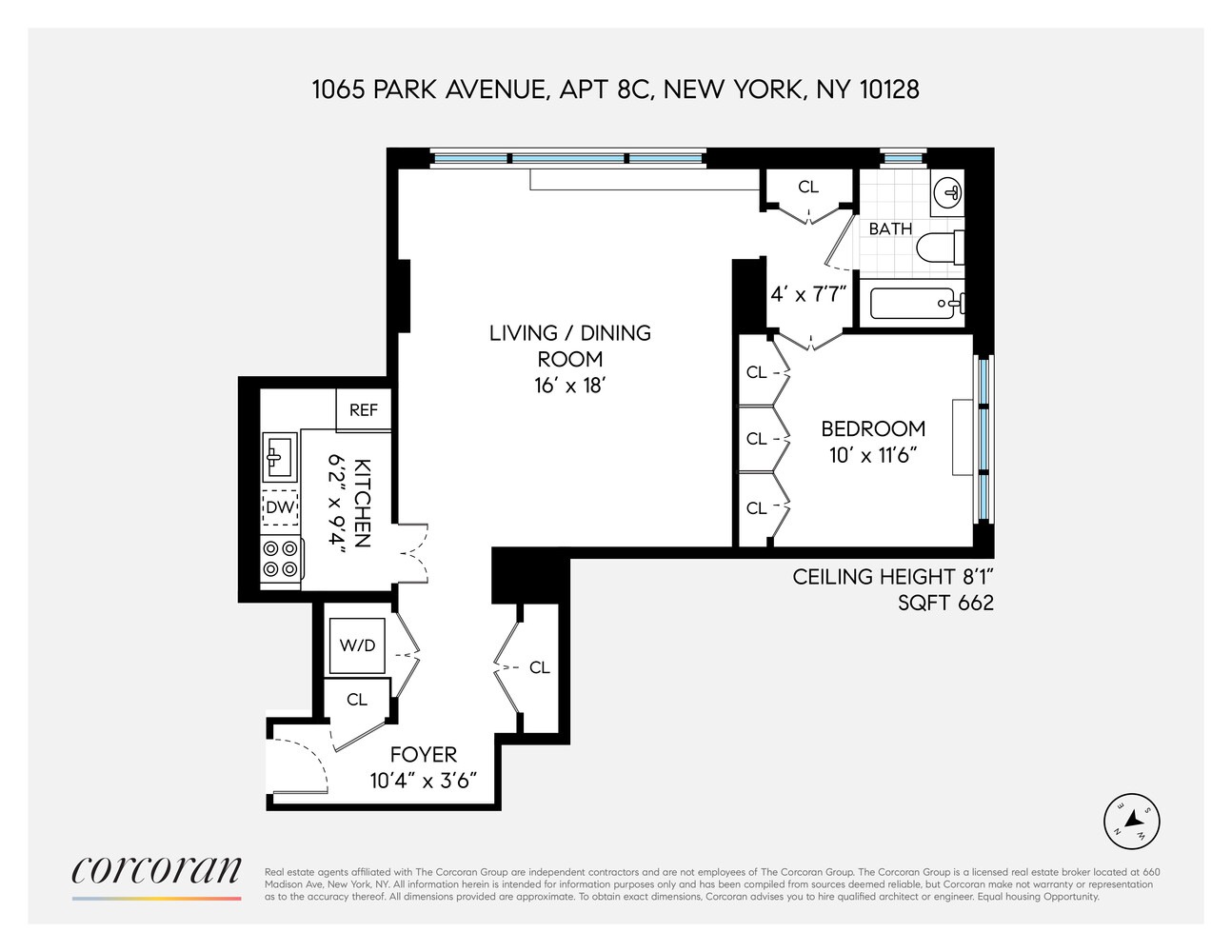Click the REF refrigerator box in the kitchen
[363, 410]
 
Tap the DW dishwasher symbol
[280, 507]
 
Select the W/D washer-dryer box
[357, 645]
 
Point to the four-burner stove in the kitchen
[281, 559]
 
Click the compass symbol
[1131, 821]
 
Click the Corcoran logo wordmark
[156, 870]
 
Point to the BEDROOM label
[873, 428]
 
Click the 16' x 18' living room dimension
[570, 386]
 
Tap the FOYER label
[424, 755]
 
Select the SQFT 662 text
[945, 603]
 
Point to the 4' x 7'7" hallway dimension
[808, 294]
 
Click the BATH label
[890, 228]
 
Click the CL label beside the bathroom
[808, 188]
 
